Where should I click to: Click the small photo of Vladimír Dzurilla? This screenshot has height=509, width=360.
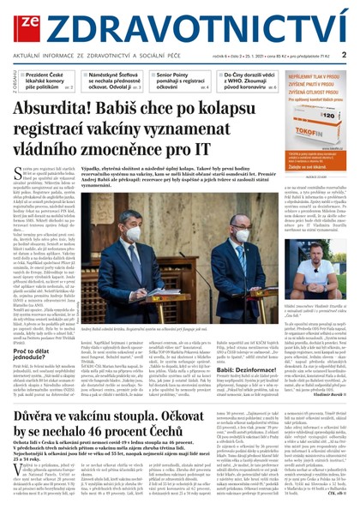click(312, 257)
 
